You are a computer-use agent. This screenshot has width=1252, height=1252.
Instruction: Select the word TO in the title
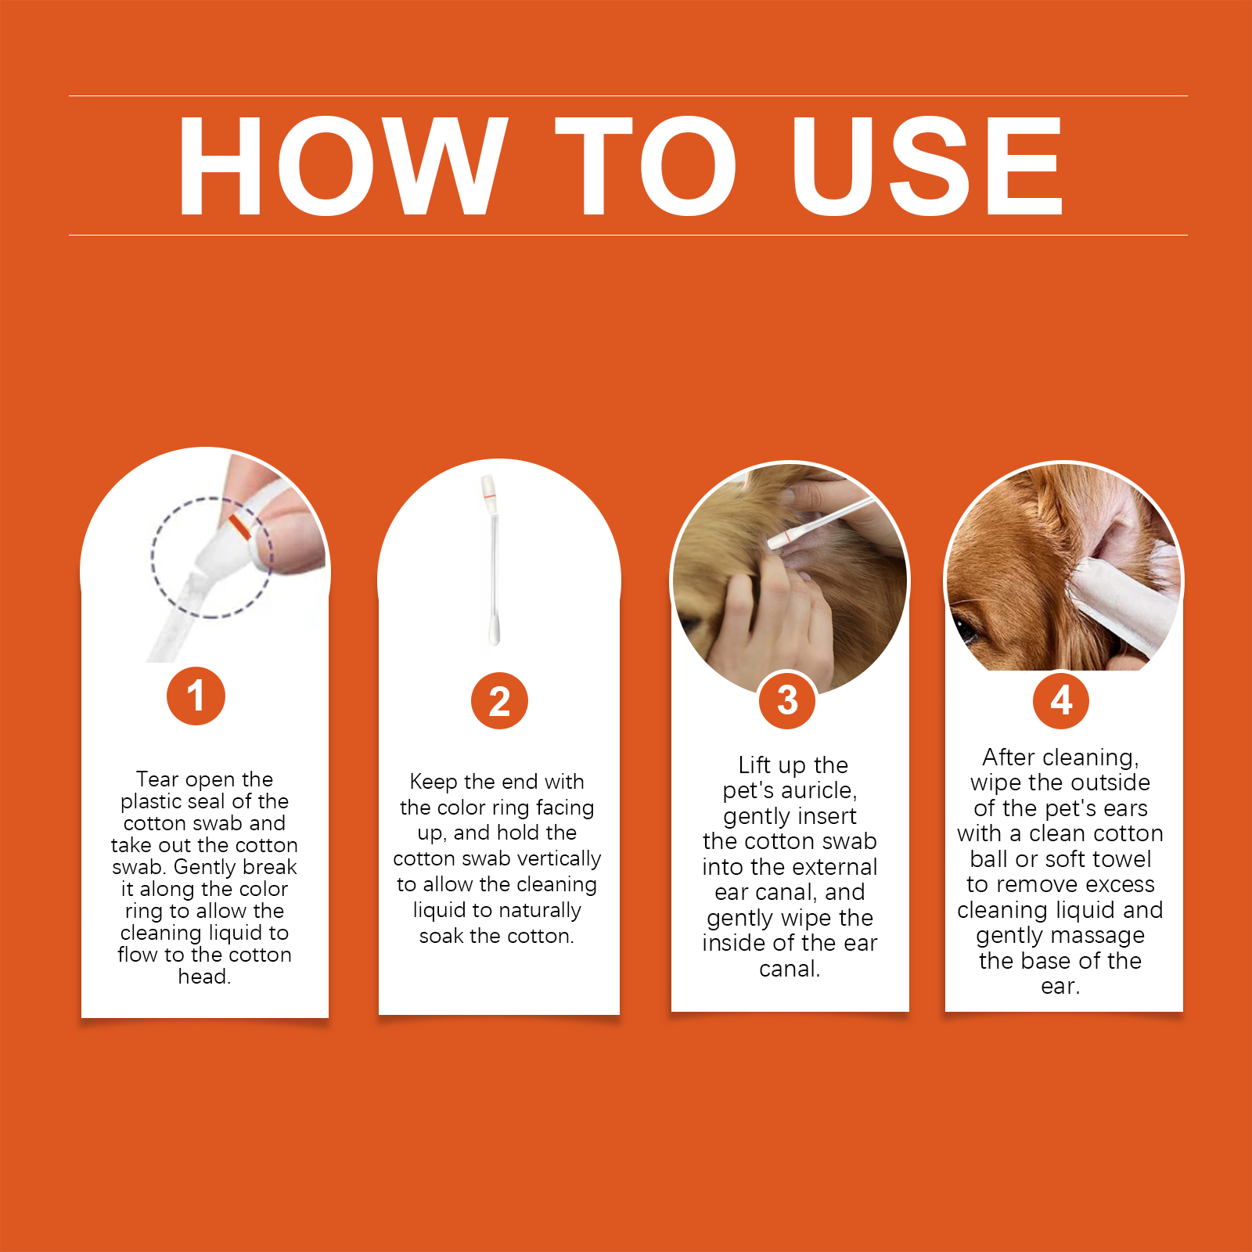(x=646, y=165)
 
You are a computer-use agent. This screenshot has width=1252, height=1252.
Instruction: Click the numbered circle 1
(x=196, y=696)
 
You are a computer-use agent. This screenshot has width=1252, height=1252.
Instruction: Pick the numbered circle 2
(x=499, y=700)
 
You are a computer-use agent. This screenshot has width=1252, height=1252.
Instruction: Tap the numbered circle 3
(x=787, y=700)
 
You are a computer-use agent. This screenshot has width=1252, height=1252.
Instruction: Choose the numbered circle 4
(x=1061, y=700)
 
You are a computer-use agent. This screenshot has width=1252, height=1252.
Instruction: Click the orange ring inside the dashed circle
(x=239, y=527)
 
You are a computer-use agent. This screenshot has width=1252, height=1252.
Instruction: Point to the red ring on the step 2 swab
(x=487, y=497)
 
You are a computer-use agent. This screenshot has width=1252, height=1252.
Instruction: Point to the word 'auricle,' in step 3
(x=819, y=790)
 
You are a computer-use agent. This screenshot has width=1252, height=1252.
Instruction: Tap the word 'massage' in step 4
(x=1099, y=936)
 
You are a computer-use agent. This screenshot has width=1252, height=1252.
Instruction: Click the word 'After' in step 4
(x=1009, y=757)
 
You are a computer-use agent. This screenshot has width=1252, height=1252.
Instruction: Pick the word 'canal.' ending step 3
(x=790, y=970)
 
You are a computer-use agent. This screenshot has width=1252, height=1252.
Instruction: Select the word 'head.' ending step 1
(x=204, y=977)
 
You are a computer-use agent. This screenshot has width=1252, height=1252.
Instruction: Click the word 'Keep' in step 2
(x=434, y=782)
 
